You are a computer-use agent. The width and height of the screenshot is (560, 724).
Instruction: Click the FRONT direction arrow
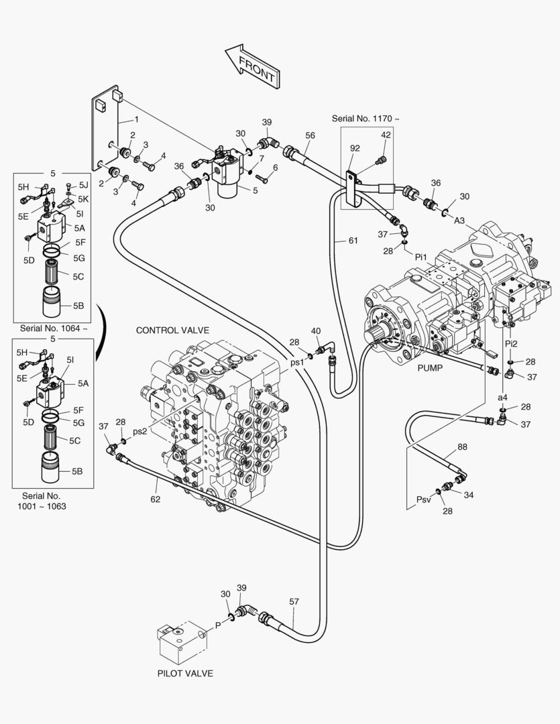click(x=251, y=66)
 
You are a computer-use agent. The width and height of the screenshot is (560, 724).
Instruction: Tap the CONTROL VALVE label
click(x=172, y=330)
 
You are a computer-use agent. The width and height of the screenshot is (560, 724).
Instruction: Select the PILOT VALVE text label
click(x=185, y=673)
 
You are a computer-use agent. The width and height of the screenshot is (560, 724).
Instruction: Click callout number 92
click(x=355, y=148)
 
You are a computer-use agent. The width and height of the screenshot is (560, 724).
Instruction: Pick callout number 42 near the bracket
click(x=386, y=135)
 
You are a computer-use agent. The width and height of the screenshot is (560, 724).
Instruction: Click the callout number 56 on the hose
click(x=310, y=135)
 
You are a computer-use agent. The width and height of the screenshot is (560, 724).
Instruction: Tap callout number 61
click(x=353, y=240)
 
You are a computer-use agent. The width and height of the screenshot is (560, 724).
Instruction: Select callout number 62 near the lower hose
click(x=155, y=499)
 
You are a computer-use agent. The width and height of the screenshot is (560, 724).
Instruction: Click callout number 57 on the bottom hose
click(x=294, y=601)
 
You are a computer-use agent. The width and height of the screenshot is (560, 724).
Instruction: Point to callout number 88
click(x=463, y=446)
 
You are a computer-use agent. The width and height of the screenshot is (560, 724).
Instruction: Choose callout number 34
click(x=469, y=495)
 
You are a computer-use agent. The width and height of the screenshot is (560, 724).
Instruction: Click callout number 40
click(x=316, y=331)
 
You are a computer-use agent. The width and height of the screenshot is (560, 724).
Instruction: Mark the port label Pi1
click(x=421, y=256)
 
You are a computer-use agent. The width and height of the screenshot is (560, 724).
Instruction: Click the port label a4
click(x=502, y=398)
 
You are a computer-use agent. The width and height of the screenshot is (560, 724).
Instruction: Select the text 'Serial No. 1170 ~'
click(x=366, y=119)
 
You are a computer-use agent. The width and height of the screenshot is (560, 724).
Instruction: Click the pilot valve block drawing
click(x=179, y=642)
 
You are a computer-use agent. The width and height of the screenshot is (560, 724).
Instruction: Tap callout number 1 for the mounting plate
click(x=136, y=119)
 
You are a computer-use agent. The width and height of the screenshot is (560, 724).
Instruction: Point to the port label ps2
click(x=139, y=431)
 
